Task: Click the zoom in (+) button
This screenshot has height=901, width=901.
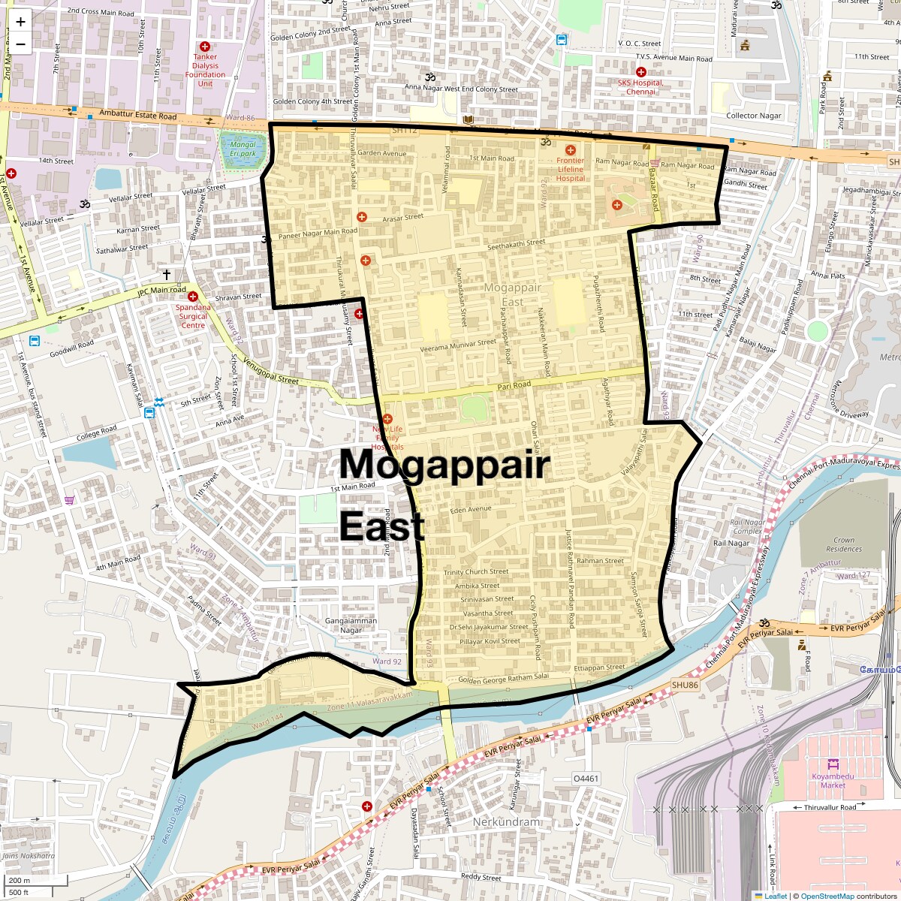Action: tap(20, 22)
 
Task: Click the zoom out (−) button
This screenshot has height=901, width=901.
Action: tap(20, 44)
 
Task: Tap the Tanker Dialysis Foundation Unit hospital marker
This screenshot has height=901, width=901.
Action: tap(204, 47)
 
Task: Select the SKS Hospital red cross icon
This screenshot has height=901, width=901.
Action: tap(641, 72)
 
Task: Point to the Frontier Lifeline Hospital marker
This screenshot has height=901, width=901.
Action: tap(570, 150)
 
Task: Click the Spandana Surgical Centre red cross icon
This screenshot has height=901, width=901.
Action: tap(193, 297)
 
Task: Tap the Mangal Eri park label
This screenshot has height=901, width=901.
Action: tap(243, 149)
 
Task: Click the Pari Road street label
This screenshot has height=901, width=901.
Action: tap(514, 385)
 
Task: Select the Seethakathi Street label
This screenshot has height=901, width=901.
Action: tap(517, 244)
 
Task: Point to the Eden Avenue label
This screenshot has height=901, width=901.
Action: tap(471, 510)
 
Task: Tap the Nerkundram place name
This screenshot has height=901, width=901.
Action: tap(506, 822)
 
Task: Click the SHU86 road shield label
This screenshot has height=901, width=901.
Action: tap(684, 685)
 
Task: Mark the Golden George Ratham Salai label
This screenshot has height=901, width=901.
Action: tap(503, 679)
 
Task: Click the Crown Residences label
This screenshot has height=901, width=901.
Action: tap(843, 544)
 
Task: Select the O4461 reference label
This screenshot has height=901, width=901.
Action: tap(586, 779)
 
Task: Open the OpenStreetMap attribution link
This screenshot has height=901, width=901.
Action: tap(827, 896)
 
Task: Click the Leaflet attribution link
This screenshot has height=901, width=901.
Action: tap(776, 896)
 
